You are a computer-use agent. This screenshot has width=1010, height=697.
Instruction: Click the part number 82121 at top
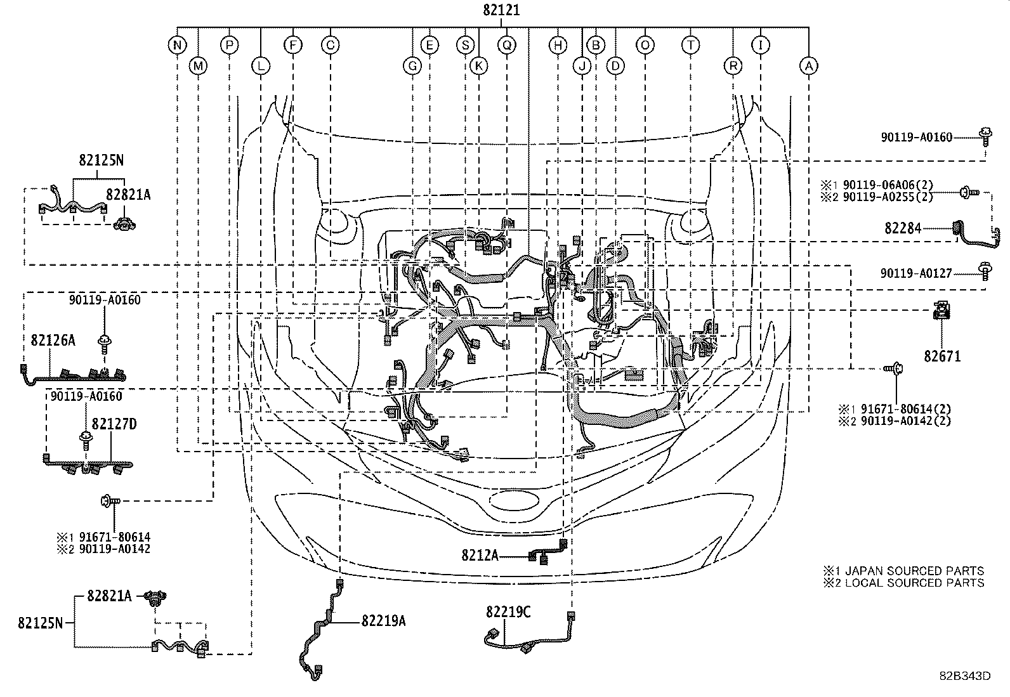501,10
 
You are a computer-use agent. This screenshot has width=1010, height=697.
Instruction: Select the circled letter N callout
178,45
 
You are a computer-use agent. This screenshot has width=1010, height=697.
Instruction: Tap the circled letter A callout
808,65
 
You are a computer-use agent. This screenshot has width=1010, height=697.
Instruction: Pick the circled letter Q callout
506,45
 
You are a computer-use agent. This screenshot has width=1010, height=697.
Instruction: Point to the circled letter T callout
690,45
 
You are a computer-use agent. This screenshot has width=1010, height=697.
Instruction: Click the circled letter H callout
558,45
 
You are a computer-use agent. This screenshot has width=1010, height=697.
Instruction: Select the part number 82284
903,228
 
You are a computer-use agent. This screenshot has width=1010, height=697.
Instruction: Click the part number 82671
942,356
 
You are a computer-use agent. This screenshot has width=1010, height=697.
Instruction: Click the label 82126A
53,341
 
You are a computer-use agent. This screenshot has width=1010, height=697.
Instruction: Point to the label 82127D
114,424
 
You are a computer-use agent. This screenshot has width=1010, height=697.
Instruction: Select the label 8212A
480,555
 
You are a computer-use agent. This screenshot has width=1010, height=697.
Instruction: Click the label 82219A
383,621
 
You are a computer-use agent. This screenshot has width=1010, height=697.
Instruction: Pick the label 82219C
508,612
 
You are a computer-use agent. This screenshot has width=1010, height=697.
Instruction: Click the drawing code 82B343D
965,676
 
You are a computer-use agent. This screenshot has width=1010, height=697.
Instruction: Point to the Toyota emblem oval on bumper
515,498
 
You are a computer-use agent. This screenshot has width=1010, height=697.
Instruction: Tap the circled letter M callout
199,65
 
